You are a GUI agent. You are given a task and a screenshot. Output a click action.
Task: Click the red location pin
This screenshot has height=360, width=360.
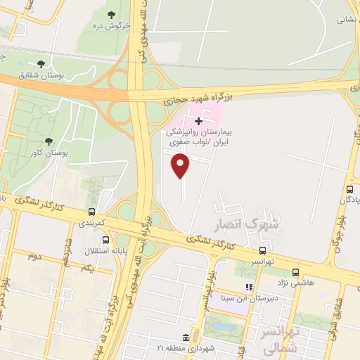[x=181, y=166]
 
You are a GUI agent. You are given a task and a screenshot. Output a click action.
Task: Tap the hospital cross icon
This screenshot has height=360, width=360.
[x=199, y=121]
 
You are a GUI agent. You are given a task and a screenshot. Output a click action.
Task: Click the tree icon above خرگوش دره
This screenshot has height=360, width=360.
[x=111, y=15]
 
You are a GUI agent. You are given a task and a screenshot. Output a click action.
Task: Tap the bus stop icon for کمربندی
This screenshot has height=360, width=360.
[x=91, y=211]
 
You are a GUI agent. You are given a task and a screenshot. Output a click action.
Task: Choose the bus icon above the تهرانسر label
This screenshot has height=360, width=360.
[x=262, y=250]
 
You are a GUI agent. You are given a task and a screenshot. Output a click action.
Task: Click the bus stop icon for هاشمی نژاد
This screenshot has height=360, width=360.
[x=295, y=271]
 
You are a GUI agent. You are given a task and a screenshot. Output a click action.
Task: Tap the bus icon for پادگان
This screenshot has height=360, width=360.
[x=348, y=191]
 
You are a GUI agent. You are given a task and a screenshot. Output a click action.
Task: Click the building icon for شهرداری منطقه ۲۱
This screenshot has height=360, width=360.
[x=184, y=337]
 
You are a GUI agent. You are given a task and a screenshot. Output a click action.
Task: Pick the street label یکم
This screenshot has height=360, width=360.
[x=86, y=268]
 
